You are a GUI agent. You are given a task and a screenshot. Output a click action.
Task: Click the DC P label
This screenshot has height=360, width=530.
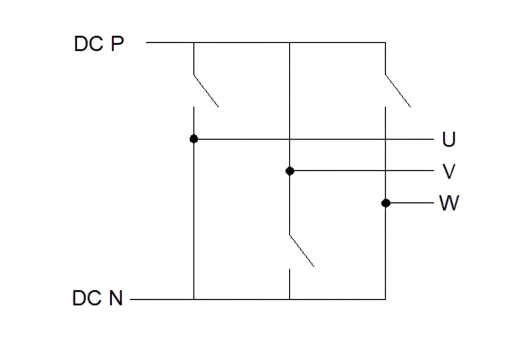(x=98, y=44)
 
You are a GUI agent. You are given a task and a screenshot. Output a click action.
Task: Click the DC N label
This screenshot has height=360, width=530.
(x=98, y=298)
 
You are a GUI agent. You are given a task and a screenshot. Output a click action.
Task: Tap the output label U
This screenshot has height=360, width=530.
(x=449, y=139)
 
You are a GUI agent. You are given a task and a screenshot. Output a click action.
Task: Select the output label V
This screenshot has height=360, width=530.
(x=449, y=171)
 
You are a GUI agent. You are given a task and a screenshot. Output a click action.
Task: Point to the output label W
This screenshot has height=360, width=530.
(x=449, y=202)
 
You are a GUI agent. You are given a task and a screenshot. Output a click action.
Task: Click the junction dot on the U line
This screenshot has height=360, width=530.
(x=193, y=139)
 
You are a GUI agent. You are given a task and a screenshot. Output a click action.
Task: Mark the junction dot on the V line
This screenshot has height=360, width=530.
(x=290, y=171)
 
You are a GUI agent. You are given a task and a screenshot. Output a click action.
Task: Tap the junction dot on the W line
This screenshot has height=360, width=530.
(x=386, y=203)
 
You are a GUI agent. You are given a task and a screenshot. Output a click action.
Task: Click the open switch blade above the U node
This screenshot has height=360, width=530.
(x=206, y=91)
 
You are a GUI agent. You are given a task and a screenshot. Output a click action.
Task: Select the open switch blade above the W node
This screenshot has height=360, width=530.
(x=398, y=91)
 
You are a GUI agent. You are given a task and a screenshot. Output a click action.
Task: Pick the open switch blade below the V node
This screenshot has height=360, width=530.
(x=302, y=251)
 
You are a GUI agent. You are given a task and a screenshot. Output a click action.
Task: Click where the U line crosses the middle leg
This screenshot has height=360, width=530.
(x=290, y=139)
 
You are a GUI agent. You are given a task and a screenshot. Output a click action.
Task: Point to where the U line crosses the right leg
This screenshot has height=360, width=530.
(x=386, y=139)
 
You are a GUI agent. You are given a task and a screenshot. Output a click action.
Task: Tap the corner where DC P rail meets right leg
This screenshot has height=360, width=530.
(x=386, y=43)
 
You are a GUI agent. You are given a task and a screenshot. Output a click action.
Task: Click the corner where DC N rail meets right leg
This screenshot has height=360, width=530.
(x=386, y=299)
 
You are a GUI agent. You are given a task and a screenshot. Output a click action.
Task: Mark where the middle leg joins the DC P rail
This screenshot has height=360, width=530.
(x=290, y=43)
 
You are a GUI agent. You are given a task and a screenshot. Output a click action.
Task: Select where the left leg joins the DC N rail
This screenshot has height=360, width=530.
(x=193, y=299)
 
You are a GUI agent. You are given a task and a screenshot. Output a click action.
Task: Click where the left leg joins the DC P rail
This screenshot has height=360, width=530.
(x=193, y=43)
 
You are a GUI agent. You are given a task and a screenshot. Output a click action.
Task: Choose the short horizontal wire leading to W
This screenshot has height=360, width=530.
(x=410, y=202)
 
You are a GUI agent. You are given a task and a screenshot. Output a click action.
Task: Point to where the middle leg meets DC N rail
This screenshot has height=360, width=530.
(x=290, y=299)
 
